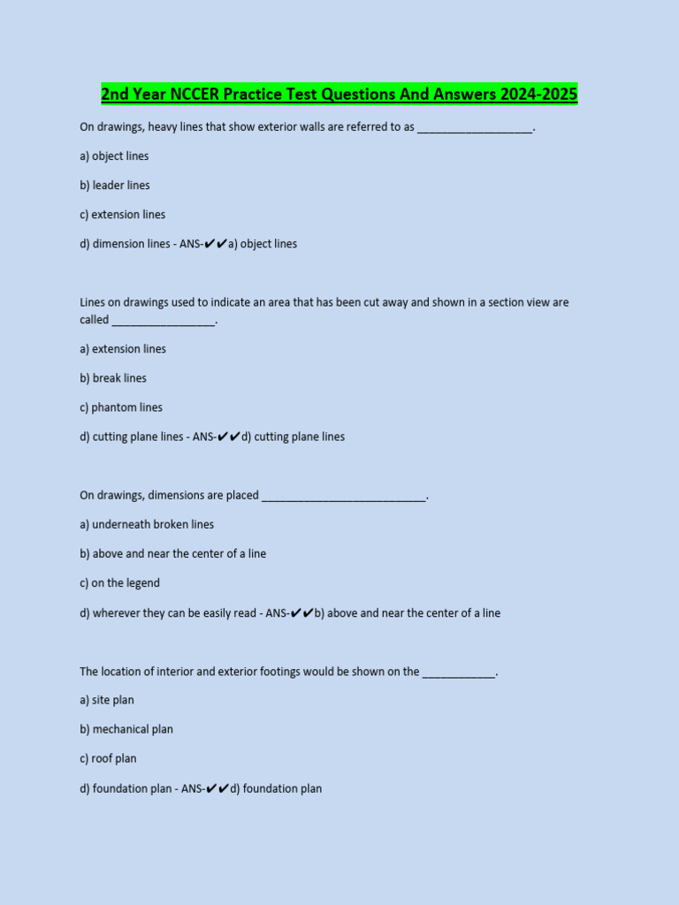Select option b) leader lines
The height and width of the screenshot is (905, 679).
(115, 186)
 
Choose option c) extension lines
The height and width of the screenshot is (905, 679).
(122, 215)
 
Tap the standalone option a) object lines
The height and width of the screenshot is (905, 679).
(114, 156)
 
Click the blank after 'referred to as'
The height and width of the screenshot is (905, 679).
(475, 128)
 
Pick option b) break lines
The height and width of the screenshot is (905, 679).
(113, 378)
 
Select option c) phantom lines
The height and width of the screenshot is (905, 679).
(120, 407)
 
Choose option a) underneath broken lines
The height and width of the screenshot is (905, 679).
(147, 525)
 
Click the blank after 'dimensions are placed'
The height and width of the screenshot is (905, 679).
(344, 497)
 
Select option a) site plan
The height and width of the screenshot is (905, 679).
(107, 700)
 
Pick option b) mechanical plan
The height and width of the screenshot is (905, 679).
(126, 729)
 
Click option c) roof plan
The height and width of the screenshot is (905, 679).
(108, 758)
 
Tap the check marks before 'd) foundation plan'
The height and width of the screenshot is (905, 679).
(217, 788)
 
